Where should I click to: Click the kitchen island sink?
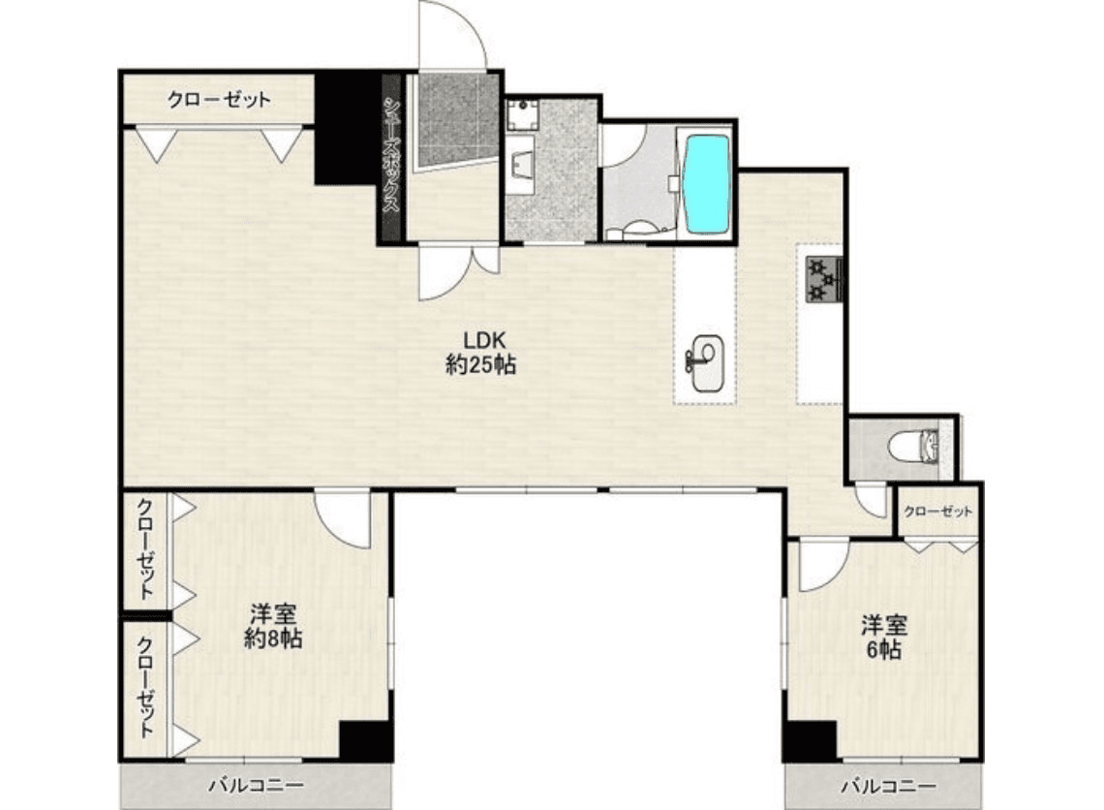point(705,363)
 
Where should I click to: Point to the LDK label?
point(483,340)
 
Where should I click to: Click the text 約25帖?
point(481,365)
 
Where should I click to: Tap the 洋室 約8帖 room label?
point(274,626)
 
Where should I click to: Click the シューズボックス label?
point(392,154)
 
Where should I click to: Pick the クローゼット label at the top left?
point(219,100)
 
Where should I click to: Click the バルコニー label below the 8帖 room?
point(256,785)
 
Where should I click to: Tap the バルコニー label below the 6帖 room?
point(889,786)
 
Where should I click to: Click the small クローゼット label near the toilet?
point(937,512)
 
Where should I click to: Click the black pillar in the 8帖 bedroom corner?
point(365,741)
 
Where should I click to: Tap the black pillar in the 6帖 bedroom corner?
point(811,741)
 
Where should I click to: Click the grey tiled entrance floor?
point(454,120)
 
